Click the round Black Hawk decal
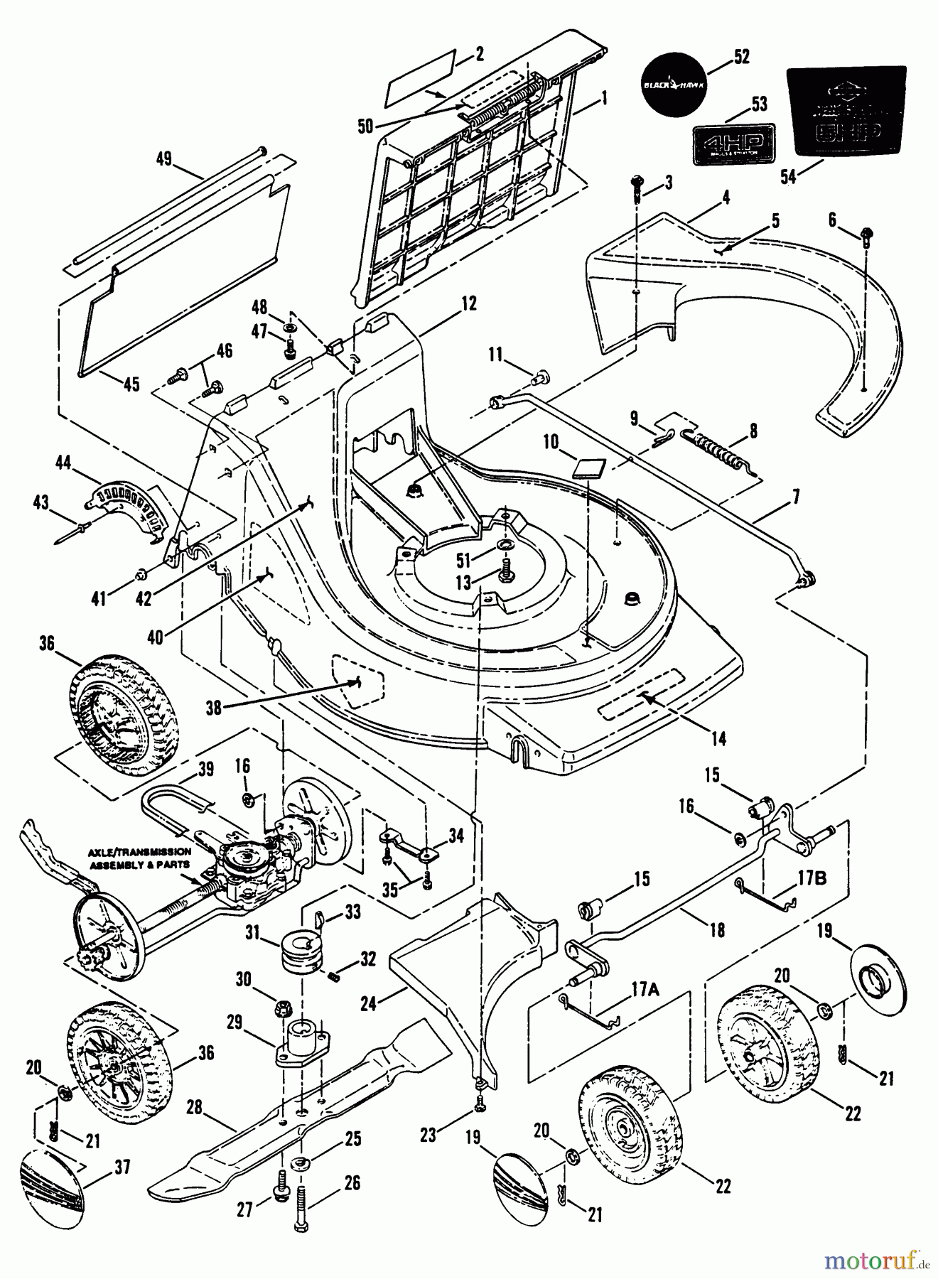674,84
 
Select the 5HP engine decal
846,112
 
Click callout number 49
164,159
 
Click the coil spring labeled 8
718,450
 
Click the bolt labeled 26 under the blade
300,1210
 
